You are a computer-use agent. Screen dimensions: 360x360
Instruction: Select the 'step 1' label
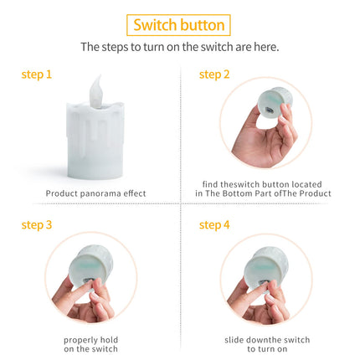click(x=37, y=75)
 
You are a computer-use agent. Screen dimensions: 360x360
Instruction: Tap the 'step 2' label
click(x=214, y=75)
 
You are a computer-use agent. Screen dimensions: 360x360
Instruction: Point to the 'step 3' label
click(x=37, y=225)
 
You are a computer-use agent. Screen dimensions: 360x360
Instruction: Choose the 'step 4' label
click(x=214, y=225)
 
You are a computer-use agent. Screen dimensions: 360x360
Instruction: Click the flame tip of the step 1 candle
click(x=100, y=75)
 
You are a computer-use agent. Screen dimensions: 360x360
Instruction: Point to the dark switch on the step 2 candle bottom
click(x=269, y=110)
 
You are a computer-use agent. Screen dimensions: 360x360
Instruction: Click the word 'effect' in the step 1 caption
click(x=135, y=193)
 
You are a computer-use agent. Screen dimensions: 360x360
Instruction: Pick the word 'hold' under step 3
click(x=109, y=340)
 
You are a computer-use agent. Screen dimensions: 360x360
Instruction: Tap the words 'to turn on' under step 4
click(x=267, y=349)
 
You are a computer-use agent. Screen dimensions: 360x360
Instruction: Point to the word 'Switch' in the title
click(x=154, y=25)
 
